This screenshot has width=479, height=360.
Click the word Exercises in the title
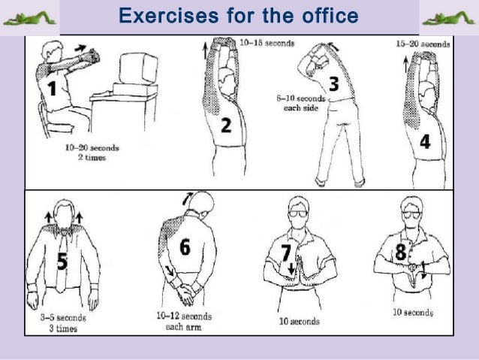[169, 16]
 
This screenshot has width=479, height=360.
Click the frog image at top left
[29, 18]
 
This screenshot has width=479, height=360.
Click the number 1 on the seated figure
[53, 88]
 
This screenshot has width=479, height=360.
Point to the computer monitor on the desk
[138, 68]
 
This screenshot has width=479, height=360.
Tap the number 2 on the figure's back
[226, 125]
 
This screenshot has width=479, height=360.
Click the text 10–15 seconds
[267, 43]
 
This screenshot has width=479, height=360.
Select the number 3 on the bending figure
[333, 83]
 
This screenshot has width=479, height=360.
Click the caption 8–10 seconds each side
[301, 103]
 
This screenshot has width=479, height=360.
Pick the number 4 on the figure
[425, 141]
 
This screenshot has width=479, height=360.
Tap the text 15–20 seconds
[423, 44]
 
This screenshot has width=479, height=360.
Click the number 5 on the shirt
[62, 262]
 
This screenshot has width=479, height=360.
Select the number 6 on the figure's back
[185, 247]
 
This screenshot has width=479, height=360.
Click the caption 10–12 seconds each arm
[184, 321]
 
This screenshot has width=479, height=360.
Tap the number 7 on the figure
[286, 253]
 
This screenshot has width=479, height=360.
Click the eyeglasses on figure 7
[298, 213]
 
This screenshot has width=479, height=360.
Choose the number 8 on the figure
[400, 252]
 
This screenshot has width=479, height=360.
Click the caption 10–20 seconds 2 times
[92, 153]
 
